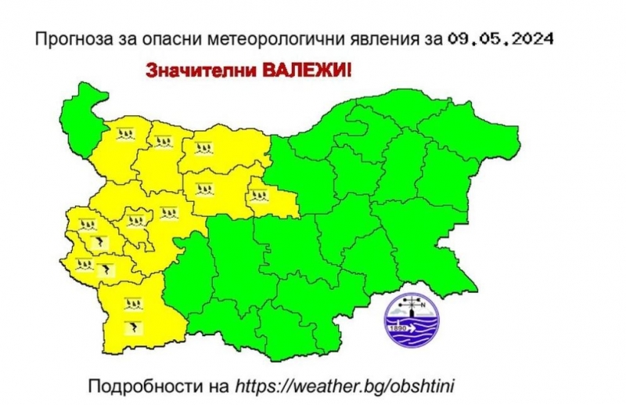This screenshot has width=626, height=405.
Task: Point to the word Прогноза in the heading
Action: point(67,38)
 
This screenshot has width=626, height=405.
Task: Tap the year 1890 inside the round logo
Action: point(398,327)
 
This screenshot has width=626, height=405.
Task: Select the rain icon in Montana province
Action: point(124,135)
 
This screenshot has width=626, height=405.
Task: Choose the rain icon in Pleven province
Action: point(203,146)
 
